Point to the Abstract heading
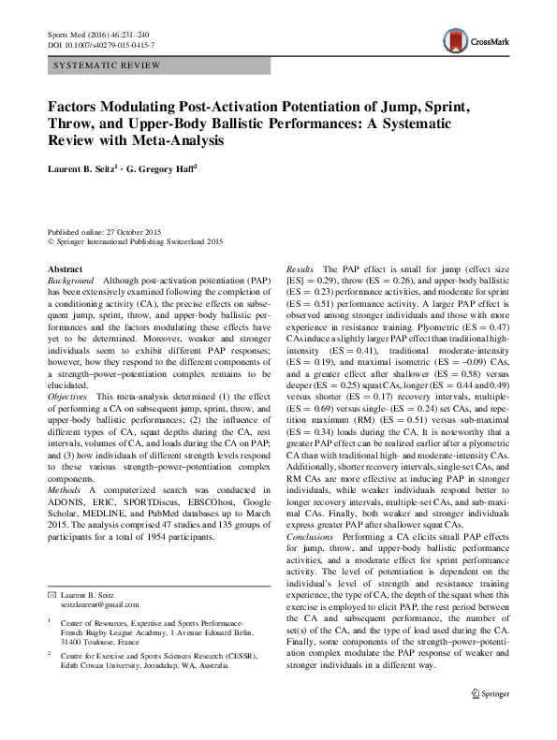(x=66, y=268)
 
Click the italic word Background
(x=70, y=281)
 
